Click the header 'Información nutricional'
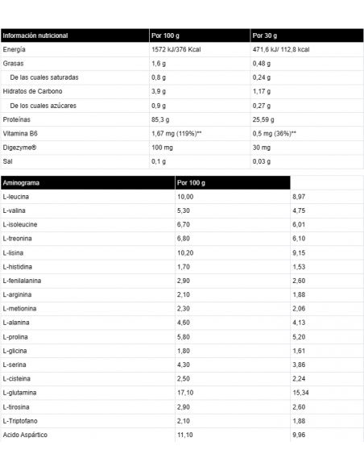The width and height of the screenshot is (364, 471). click(x=36, y=35)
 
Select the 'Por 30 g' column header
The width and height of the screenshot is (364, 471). click(x=267, y=35)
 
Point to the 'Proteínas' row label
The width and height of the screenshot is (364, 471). click(x=19, y=119)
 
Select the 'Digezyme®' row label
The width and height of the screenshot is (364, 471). click(x=22, y=148)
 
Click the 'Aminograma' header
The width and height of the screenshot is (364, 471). click(x=22, y=182)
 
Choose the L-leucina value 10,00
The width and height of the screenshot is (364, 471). click(x=186, y=196)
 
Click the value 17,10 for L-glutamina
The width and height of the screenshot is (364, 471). click(x=185, y=392)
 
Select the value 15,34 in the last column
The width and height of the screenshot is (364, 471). click(x=302, y=392)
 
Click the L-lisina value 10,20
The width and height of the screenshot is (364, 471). click(x=186, y=252)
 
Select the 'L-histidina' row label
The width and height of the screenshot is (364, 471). click(x=19, y=265)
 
